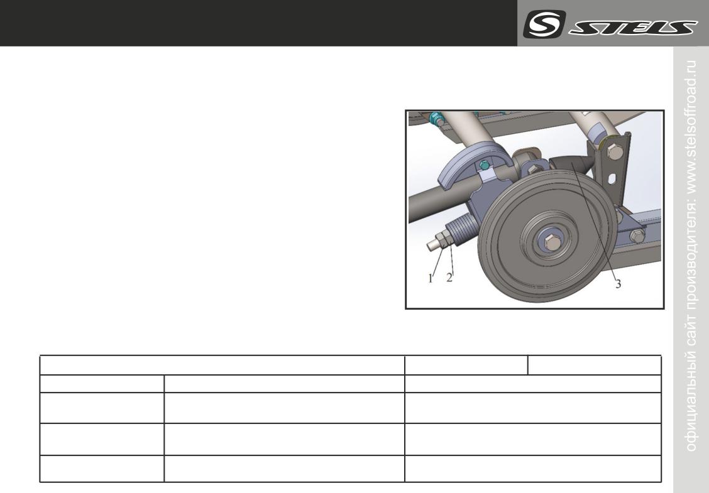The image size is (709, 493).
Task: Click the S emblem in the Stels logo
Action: [x=544, y=24]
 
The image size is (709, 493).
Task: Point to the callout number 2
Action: [x=449, y=278]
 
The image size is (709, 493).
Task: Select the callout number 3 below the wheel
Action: [x=618, y=284]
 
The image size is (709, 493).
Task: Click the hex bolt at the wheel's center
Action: [x=552, y=242]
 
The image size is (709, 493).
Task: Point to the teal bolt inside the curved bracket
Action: [x=484, y=165]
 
